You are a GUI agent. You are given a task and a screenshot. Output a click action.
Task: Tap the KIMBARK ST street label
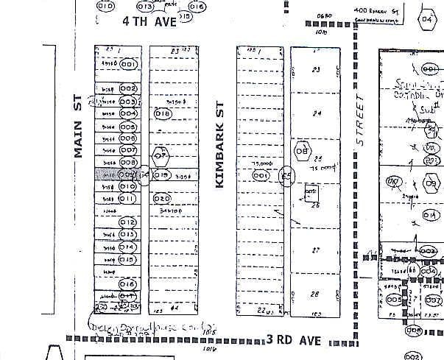(219, 144)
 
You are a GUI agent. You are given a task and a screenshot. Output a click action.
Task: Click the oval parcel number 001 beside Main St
(130, 65)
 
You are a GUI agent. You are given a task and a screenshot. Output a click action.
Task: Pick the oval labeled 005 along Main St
(127, 127)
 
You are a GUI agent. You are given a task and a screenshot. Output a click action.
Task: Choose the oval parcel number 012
(128, 222)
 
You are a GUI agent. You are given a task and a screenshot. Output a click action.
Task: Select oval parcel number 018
(163, 113)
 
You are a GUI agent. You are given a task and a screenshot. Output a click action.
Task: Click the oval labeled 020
(162, 198)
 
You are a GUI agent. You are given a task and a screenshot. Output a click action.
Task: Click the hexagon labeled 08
(301, 152)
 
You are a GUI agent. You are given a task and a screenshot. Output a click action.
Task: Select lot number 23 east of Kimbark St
(317, 70)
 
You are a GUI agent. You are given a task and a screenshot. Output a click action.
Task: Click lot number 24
(317, 113)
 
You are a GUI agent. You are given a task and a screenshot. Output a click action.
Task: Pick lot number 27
(315, 250)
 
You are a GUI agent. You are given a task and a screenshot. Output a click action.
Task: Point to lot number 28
(315, 294)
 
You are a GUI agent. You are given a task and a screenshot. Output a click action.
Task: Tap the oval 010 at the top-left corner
(105, 7)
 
